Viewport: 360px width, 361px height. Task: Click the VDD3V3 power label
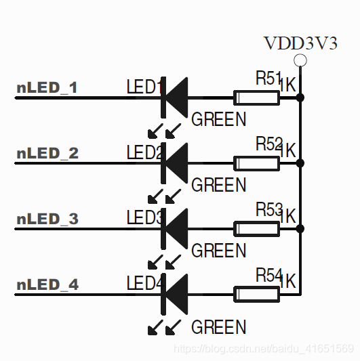point(300,43)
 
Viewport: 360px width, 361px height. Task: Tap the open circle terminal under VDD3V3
point(300,61)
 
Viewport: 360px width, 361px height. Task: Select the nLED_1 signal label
point(47,87)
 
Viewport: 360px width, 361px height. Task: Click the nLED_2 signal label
point(47,153)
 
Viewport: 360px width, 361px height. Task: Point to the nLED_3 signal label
point(47,219)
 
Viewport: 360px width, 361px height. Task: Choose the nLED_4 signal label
point(47,284)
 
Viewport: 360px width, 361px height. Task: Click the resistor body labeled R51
point(256,98)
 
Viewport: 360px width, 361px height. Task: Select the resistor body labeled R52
point(256,163)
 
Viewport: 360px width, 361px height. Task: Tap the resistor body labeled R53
point(256,229)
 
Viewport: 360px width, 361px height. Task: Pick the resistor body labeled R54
point(256,294)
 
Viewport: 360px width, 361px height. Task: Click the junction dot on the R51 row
point(300,98)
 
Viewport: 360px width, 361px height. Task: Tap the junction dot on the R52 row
point(300,163)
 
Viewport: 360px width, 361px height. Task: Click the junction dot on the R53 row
point(300,229)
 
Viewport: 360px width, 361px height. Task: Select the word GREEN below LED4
point(219,328)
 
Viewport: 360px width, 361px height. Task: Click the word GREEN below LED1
point(219,120)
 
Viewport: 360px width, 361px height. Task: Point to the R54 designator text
point(268,276)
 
